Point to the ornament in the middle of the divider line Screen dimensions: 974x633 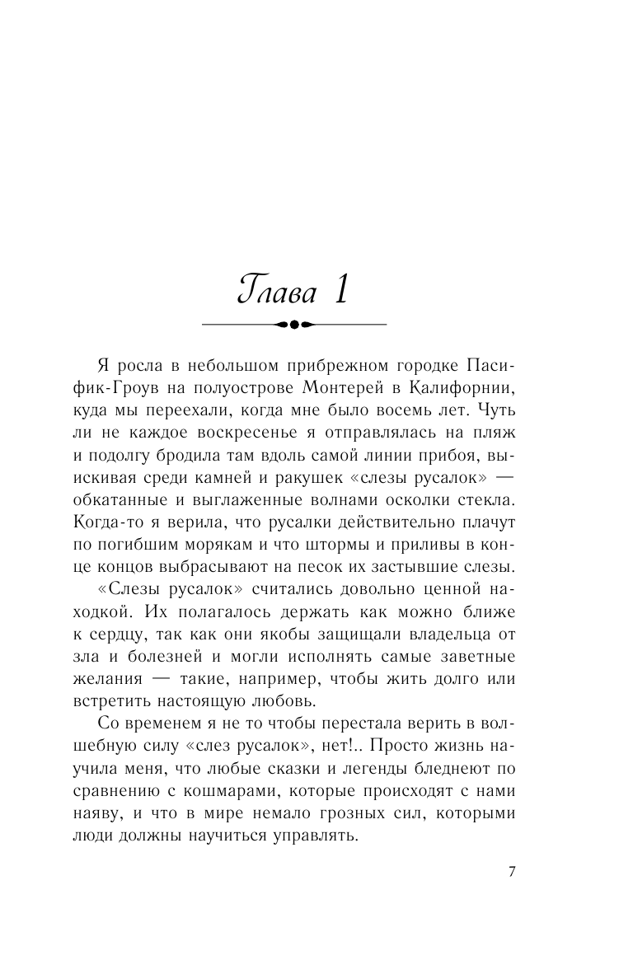[x=294, y=325]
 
